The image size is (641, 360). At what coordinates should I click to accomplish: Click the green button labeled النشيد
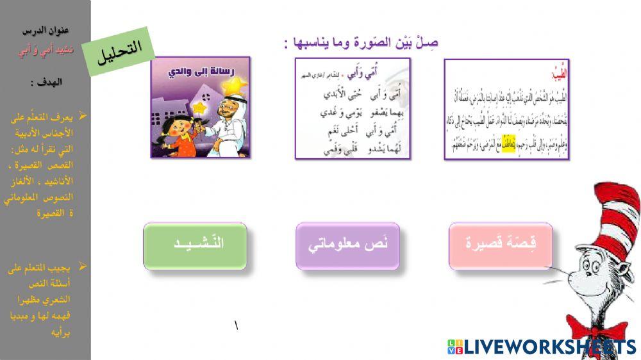[x=195, y=246]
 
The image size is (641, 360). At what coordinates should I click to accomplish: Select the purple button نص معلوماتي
[x=347, y=246]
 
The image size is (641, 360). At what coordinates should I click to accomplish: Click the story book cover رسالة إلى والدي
[x=200, y=107]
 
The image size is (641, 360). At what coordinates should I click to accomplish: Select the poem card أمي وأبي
[x=353, y=108]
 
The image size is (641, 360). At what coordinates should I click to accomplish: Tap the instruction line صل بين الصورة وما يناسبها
[x=361, y=42]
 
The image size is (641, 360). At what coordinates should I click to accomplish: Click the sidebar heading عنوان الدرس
[x=46, y=31]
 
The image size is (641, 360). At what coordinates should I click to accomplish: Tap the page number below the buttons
[x=237, y=327]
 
